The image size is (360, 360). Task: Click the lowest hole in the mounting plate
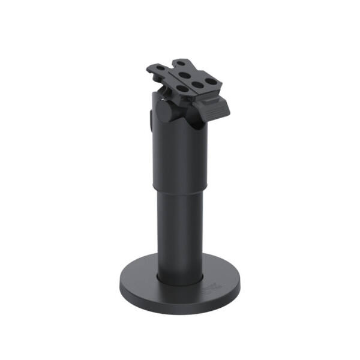pos(181,89)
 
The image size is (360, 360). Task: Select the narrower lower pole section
pos(180,228)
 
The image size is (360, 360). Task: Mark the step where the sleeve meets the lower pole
pos(180,187)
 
